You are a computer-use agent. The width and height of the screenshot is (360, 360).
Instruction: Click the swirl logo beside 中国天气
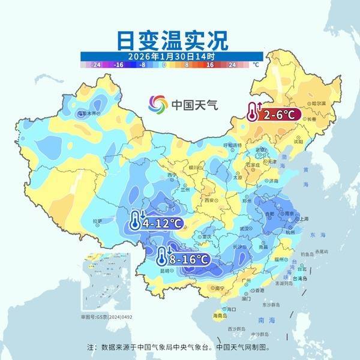pyautogui.click(x=158, y=104)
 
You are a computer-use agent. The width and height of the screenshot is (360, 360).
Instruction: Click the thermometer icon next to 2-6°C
pyautogui.click(x=253, y=111)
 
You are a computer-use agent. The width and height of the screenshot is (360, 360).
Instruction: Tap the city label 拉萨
pyautogui.click(x=98, y=222)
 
